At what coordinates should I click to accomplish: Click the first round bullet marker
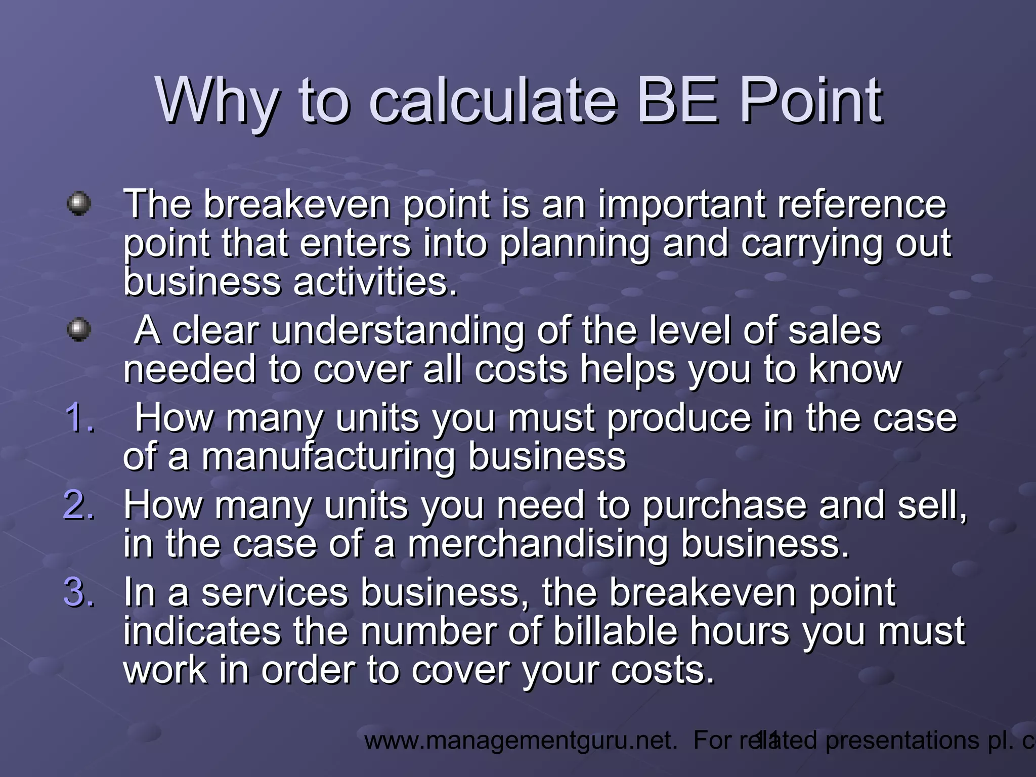click(x=79, y=203)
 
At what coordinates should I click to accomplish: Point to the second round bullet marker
click(x=79, y=330)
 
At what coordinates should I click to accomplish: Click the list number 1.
click(x=80, y=419)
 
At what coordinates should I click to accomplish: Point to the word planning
click(x=575, y=244)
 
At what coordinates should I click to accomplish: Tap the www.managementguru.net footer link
click(x=521, y=741)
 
